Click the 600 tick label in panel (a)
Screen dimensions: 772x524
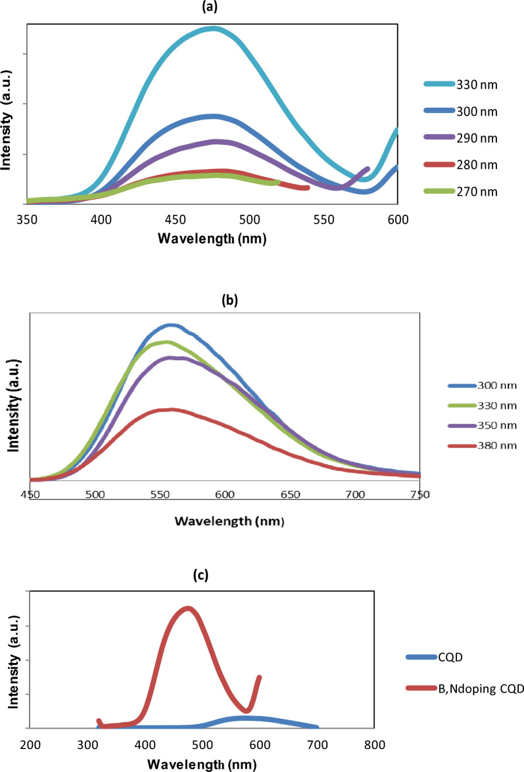tap(396, 219)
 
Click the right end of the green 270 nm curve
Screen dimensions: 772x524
tap(278, 182)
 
